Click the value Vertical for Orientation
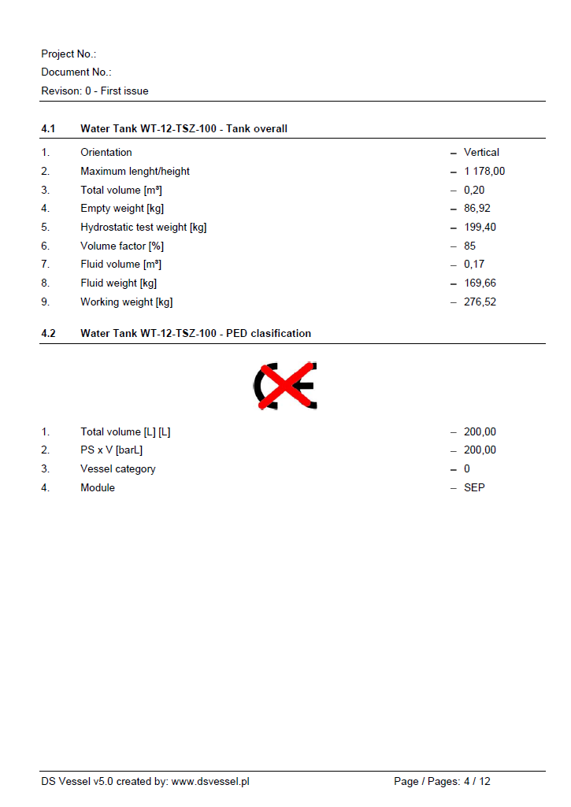pos(481,153)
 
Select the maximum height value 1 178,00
pos(484,172)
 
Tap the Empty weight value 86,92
pos(477,209)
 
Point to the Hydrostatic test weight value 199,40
pos(480,228)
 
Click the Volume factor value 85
pos(469,246)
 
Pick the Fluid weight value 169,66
pos(480,283)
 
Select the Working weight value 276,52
pos(480,302)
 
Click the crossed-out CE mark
pos(285,386)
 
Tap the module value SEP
pos(474,488)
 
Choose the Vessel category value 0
pos(467,469)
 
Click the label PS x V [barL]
pos(111,450)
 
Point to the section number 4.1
pos(49,129)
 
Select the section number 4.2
pos(49,334)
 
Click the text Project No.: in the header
pos(69,54)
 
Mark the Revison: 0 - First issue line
pos(95,91)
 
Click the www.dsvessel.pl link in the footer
pos(210,782)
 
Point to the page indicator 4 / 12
pos(476,782)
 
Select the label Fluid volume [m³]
pos(121,265)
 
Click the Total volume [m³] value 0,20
pos(473,191)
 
